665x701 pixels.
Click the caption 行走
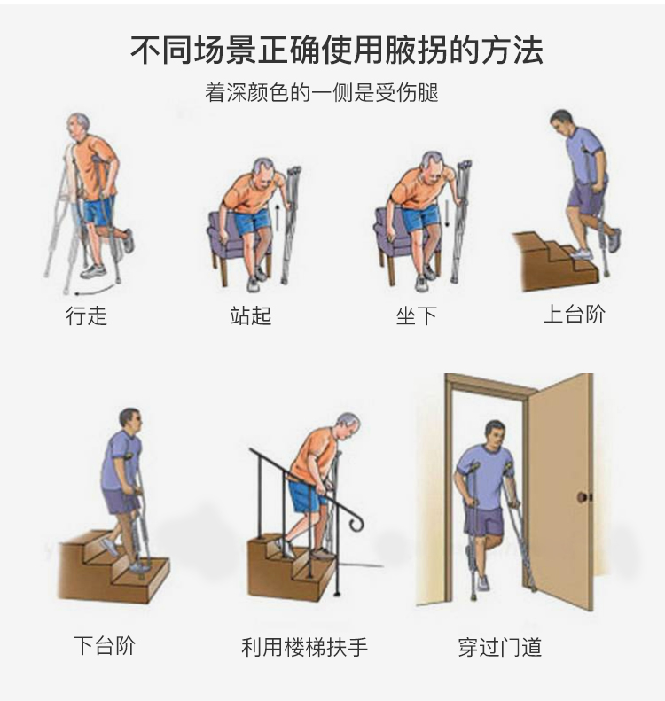[86, 315]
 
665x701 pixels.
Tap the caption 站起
[250, 315]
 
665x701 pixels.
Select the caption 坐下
[416, 315]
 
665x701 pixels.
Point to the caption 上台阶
[574, 314]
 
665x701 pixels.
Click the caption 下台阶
[105, 645]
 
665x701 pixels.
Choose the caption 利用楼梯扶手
[304, 647]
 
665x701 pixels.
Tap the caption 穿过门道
[499, 647]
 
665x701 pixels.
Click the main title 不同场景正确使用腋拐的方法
[336, 49]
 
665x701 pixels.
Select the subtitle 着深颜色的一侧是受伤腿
[322, 92]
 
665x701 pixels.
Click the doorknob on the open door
[583, 496]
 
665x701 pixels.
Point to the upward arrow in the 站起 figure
[278, 218]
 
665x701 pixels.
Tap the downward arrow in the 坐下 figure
[447, 214]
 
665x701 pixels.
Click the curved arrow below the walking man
[94, 291]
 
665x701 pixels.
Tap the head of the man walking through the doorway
[495, 432]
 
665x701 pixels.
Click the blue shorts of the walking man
[99, 211]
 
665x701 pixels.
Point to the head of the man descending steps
[130, 420]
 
